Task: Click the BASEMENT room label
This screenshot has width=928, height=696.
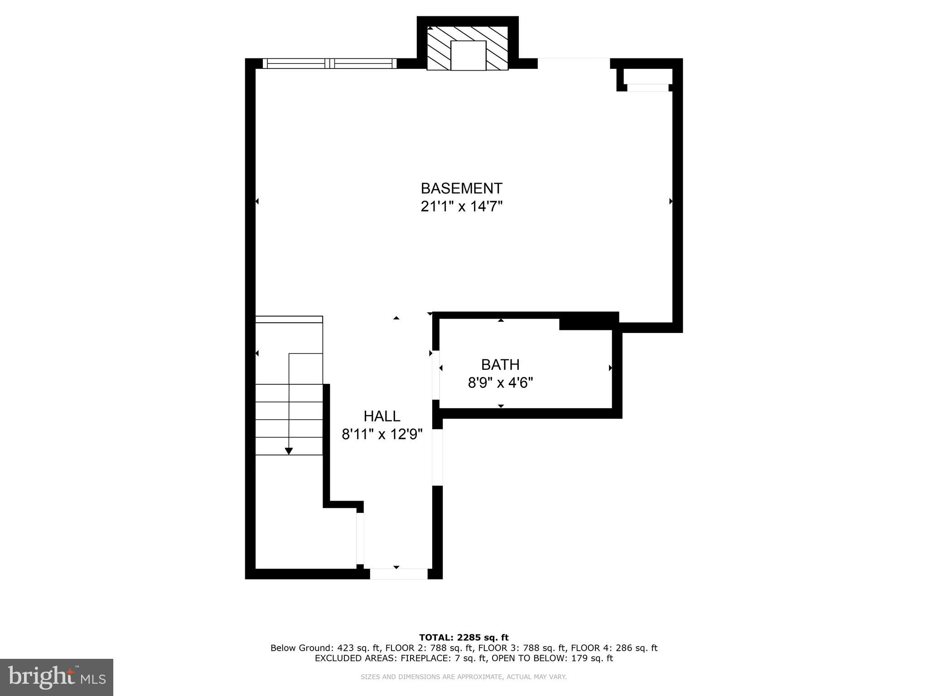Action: click(x=461, y=188)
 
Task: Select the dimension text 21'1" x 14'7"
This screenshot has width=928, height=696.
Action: click(x=461, y=207)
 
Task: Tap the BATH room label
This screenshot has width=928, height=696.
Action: click(x=500, y=364)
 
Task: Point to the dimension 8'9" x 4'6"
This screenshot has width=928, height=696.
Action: click(x=500, y=383)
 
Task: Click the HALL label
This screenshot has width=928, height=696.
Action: click(x=382, y=416)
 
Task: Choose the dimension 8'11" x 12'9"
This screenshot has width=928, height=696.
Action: click(x=382, y=435)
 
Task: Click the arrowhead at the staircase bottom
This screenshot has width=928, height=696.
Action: click(x=289, y=451)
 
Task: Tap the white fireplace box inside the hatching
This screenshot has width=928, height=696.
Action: click(x=468, y=55)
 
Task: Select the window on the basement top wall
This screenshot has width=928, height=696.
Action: click(x=329, y=63)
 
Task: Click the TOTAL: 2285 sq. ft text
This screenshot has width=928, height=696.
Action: click(x=464, y=638)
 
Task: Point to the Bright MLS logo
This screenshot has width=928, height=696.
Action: click(x=57, y=677)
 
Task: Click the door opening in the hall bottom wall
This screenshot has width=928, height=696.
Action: click(x=398, y=574)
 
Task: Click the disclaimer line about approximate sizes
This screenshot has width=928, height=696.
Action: click(x=464, y=677)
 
